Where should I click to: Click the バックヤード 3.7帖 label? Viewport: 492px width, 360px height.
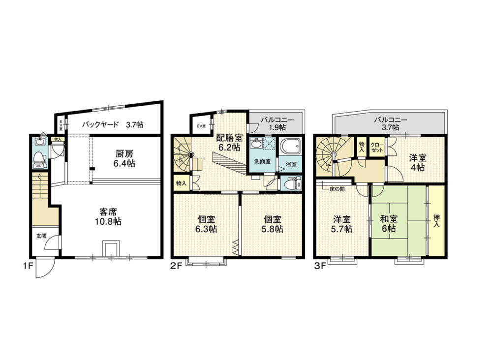(113, 125)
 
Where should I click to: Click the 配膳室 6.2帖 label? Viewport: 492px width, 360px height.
(229, 142)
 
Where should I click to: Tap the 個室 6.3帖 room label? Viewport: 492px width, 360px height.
(206, 224)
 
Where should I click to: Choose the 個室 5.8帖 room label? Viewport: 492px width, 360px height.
(272, 224)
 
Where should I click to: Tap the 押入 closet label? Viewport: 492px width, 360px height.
(436, 219)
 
